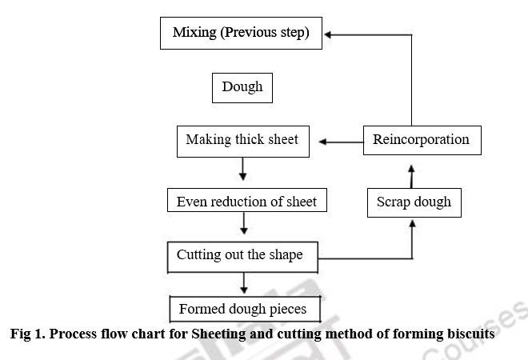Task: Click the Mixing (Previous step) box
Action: (241, 34)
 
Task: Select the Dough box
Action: (242, 87)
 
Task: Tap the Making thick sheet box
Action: (242, 140)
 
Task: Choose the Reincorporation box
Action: (422, 140)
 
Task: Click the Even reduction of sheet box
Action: (246, 201)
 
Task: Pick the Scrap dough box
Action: (414, 202)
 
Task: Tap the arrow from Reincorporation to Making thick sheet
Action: (341, 142)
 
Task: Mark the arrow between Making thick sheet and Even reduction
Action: (243, 169)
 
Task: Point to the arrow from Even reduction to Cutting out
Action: (243, 224)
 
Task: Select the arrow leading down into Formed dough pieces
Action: (243, 282)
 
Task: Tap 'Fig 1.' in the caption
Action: (28, 335)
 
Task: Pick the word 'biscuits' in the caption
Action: (469, 335)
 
